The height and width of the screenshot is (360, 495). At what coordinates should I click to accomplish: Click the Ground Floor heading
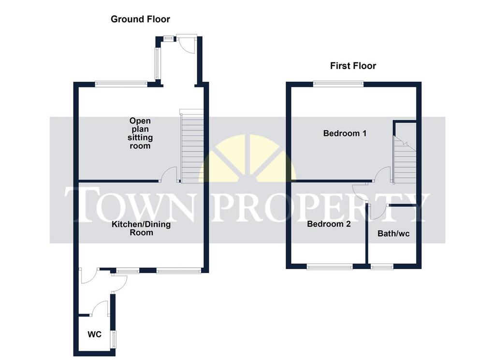140,19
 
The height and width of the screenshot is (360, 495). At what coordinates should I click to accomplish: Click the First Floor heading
353,66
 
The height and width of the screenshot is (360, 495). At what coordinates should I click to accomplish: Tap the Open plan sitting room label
140,133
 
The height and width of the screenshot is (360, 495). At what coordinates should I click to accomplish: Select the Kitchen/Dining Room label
142,229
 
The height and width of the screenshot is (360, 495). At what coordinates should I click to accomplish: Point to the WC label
94,334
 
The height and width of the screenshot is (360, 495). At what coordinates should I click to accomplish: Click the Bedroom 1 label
345,133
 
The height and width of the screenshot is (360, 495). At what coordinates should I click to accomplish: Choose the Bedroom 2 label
329,224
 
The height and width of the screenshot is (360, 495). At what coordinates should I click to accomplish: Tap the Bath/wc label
393,234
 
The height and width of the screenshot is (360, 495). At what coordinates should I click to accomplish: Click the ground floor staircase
191,146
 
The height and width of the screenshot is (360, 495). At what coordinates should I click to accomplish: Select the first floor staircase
404,159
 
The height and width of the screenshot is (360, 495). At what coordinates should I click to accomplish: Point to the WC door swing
100,308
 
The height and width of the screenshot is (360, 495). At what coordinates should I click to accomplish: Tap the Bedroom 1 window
338,84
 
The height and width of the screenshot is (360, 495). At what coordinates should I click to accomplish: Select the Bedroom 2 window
330,267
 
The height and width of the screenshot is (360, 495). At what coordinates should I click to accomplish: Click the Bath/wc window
382,267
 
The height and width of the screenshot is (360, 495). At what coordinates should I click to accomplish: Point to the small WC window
113,339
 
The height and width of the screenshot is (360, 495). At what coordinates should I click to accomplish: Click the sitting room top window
121,84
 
